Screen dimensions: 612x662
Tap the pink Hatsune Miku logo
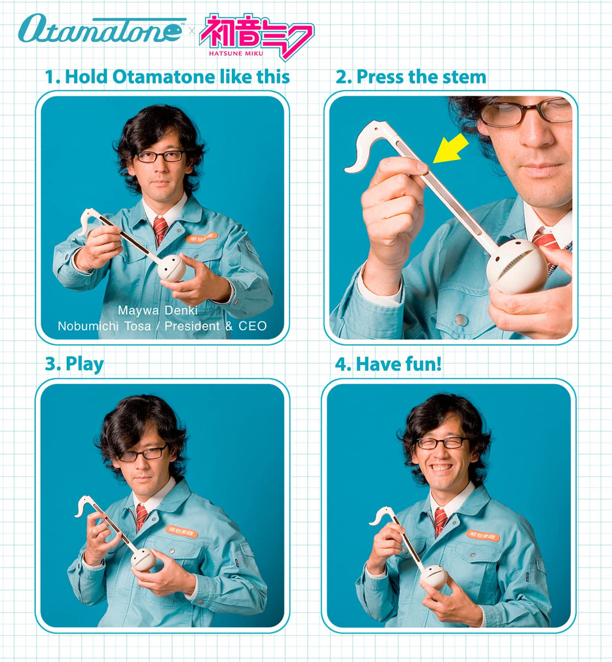point(256,35)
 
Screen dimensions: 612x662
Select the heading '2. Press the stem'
point(411,77)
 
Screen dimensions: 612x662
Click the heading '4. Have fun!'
point(388,364)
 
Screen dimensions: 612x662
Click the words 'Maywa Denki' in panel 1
point(158,310)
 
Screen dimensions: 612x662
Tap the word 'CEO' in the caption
point(253,326)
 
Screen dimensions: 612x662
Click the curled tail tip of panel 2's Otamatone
point(349,170)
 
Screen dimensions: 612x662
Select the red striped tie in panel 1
point(160,230)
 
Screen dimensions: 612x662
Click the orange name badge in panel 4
point(483,535)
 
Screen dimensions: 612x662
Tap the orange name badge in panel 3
point(181,531)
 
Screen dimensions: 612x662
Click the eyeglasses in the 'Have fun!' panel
point(442,443)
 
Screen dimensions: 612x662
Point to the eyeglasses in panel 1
point(160,156)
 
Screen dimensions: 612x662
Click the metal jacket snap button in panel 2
point(461,320)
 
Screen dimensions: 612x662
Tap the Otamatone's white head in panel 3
point(143,559)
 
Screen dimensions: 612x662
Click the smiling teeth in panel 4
point(441,468)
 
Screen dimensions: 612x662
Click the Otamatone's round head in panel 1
point(172,268)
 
